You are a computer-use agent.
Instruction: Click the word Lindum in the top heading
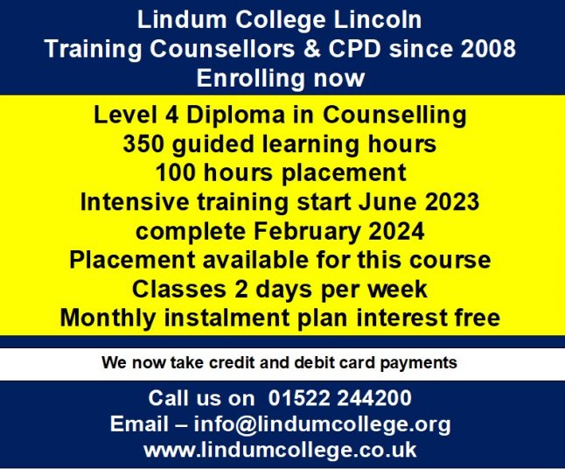click(182, 19)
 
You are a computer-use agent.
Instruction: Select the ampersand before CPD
click(312, 48)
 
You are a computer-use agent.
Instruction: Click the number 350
click(143, 143)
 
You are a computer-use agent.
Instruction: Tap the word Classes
click(179, 289)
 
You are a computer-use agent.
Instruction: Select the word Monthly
click(108, 319)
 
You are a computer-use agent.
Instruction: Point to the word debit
click(310, 362)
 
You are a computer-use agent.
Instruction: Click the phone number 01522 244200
click(339, 398)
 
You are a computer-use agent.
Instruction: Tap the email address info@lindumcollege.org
click(322, 425)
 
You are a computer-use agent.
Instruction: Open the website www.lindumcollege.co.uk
click(280, 450)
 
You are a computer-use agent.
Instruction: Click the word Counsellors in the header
click(222, 48)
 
